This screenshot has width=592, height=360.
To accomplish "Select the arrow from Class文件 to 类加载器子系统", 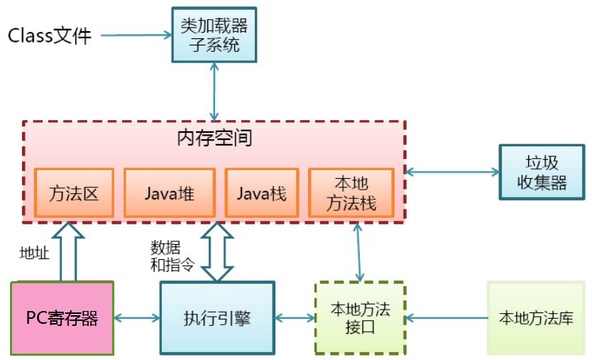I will click(x=136, y=34).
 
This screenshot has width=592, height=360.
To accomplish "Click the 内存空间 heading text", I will click(x=214, y=137).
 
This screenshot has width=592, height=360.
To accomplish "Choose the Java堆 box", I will click(x=169, y=193).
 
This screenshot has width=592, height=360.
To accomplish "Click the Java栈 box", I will click(x=261, y=193).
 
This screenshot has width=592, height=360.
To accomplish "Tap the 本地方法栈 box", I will click(x=351, y=193).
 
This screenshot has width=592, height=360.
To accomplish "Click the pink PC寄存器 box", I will click(x=62, y=317).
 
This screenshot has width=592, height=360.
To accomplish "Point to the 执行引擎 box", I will click(x=216, y=317).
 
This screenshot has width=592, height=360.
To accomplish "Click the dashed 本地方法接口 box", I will click(x=360, y=318).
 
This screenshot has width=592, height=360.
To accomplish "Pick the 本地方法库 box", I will click(x=536, y=317).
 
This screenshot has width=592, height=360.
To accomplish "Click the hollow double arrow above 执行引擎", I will click(x=217, y=251).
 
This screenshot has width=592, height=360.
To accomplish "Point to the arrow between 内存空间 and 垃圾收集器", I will click(x=451, y=172).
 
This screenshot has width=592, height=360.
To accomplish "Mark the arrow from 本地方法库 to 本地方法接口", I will click(x=446, y=317).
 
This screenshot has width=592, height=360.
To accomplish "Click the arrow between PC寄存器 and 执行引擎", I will click(x=137, y=317).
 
